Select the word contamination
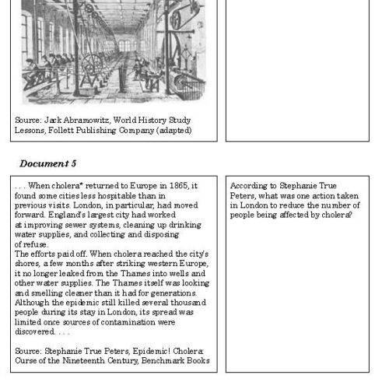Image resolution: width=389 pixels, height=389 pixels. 138,321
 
